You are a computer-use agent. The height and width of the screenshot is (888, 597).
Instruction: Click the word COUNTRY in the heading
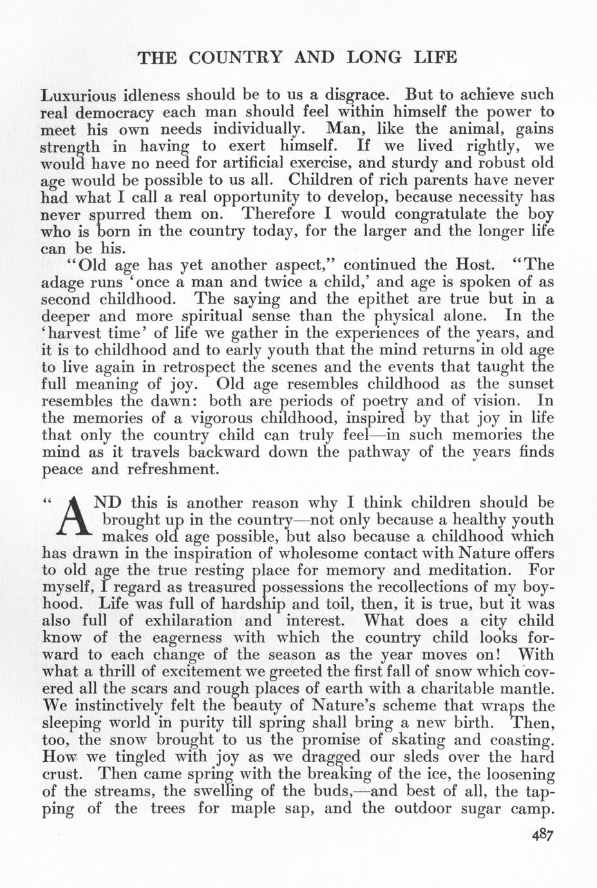(236, 58)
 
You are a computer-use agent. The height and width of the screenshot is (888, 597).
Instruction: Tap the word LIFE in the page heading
(433, 58)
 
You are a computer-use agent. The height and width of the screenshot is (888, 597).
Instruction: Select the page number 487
(542, 835)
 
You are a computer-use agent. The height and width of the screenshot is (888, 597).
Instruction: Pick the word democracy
(118, 113)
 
